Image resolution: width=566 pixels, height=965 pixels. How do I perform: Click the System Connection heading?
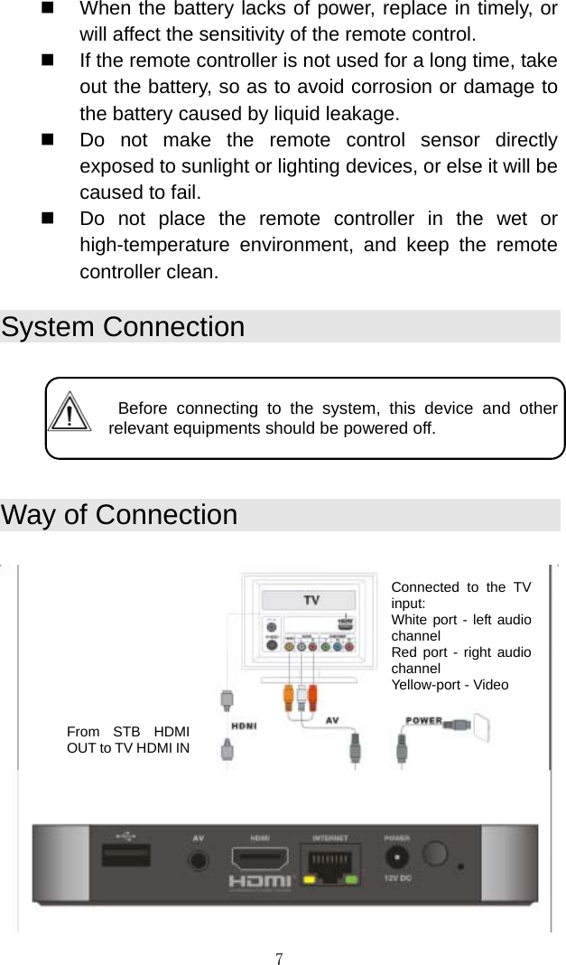pyautogui.click(x=123, y=326)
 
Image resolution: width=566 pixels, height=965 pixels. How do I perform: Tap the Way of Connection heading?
pyautogui.click(x=119, y=515)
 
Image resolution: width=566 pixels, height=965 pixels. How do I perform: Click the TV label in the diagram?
pyautogui.click(x=311, y=599)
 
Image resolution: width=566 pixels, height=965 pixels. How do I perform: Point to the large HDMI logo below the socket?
pyautogui.click(x=260, y=881)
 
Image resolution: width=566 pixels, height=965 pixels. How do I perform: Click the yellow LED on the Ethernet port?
pyautogui.click(x=310, y=878)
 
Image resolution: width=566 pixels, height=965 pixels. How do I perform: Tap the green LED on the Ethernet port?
pyautogui.click(x=352, y=878)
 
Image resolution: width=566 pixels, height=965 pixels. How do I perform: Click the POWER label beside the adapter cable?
pyautogui.click(x=422, y=720)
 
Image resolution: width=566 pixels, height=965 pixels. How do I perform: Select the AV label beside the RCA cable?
pyautogui.click(x=332, y=721)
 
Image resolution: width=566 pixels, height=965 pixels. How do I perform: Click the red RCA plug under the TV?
pyautogui.click(x=311, y=698)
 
